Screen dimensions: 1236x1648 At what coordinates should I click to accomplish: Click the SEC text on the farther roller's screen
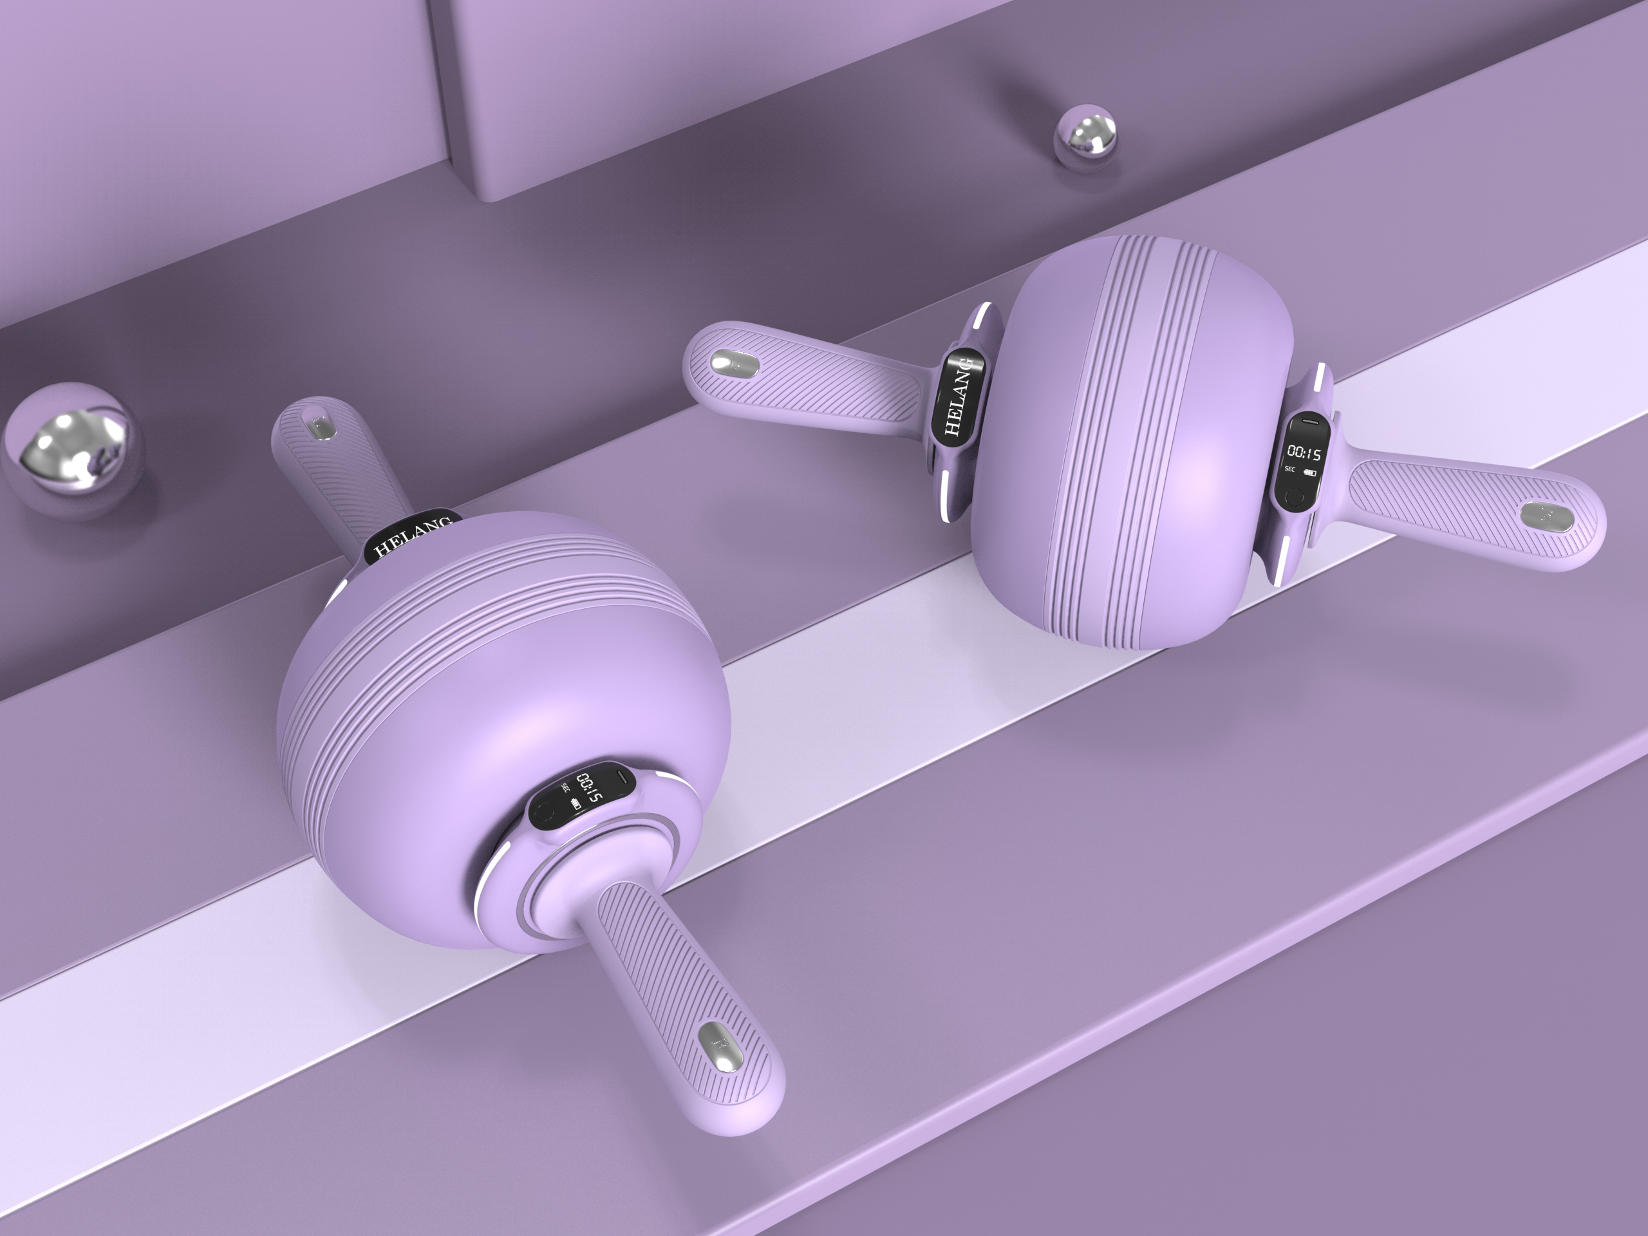tap(1290, 469)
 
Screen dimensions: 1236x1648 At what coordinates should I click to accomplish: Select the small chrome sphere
tap(1085, 138)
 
